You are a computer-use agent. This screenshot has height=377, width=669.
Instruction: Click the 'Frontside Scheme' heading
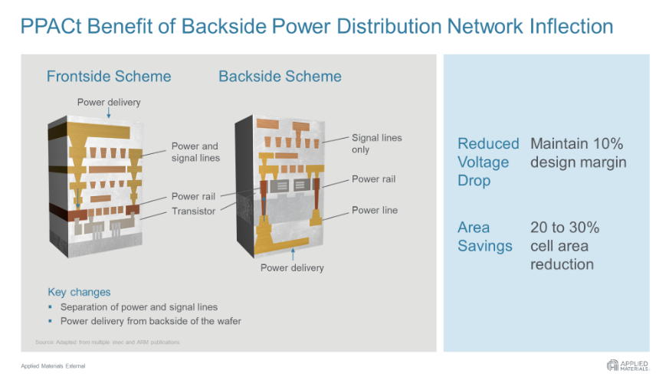pyautogui.click(x=109, y=77)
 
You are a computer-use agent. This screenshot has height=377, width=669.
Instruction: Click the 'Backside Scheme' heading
pyautogui.click(x=280, y=77)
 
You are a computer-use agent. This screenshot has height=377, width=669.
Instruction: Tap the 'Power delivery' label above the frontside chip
pyautogui.click(x=109, y=102)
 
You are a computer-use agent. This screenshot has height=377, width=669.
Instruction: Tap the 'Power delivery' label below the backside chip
pyautogui.click(x=292, y=267)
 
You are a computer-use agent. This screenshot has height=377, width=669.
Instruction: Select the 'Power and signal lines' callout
pyautogui.click(x=195, y=152)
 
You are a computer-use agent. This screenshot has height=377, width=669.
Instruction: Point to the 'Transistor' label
pyautogui.click(x=194, y=211)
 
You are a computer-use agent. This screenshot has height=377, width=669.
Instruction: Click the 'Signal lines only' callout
pyautogui.click(x=376, y=143)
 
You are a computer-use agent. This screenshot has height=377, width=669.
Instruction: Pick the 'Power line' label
pyautogui.click(x=375, y=210)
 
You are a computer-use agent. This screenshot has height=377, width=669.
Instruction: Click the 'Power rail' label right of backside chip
pyautogui.click(x=373, y=179)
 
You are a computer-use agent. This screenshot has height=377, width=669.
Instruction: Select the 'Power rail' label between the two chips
pyautogui.click(x=194, y=196)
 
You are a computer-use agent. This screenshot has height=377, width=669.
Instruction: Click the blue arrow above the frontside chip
pyautogui.click(x=109, y=113)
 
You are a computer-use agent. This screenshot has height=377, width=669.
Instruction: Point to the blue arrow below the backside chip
pyautogui.click(x=292, y=254)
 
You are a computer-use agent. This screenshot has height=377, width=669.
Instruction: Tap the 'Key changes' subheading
pyautogui.click(x=79, y=292)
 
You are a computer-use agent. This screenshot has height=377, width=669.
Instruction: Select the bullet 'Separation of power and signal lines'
pyautogui.click(x=139, y=307)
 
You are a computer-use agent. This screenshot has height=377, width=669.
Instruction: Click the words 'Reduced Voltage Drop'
pyautogui.click(x=487, y=162)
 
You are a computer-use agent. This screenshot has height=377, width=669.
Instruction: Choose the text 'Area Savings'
pyautogui.click(x=484, y=236)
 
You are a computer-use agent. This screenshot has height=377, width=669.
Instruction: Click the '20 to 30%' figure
pyautogui.click(x=565, y=228)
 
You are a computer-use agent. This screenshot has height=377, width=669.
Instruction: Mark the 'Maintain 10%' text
pyautogui.click(x=577, y=143)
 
